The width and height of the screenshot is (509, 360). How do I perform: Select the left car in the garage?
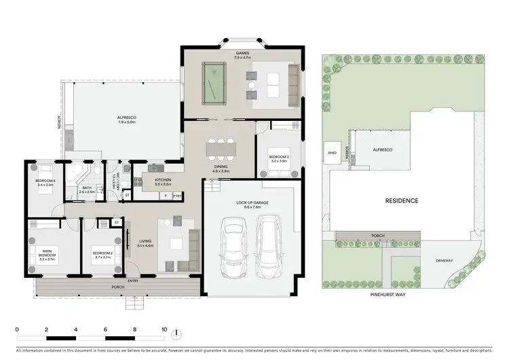[233, 247]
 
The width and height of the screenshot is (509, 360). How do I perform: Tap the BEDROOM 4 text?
[44, 182]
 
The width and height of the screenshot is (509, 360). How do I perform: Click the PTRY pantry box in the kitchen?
[177, 196]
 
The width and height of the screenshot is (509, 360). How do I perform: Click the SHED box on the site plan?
[333, 153]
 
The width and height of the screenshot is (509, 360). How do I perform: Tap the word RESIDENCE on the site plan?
[402, 200]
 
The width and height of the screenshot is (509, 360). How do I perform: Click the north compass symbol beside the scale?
[178, 334]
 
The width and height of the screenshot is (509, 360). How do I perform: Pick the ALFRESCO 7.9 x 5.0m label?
[127, 120]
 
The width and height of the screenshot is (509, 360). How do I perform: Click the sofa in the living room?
[194, 244]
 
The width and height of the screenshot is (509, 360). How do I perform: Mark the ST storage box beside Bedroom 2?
[117, 222]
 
